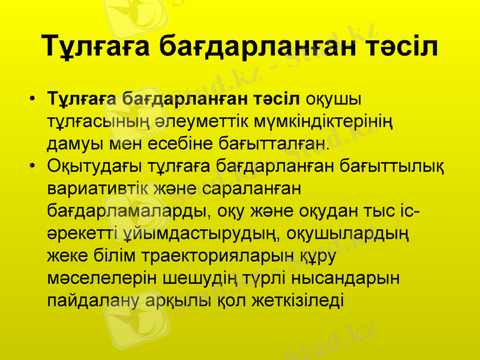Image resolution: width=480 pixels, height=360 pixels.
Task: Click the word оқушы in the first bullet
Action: click(x=338, y=98)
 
